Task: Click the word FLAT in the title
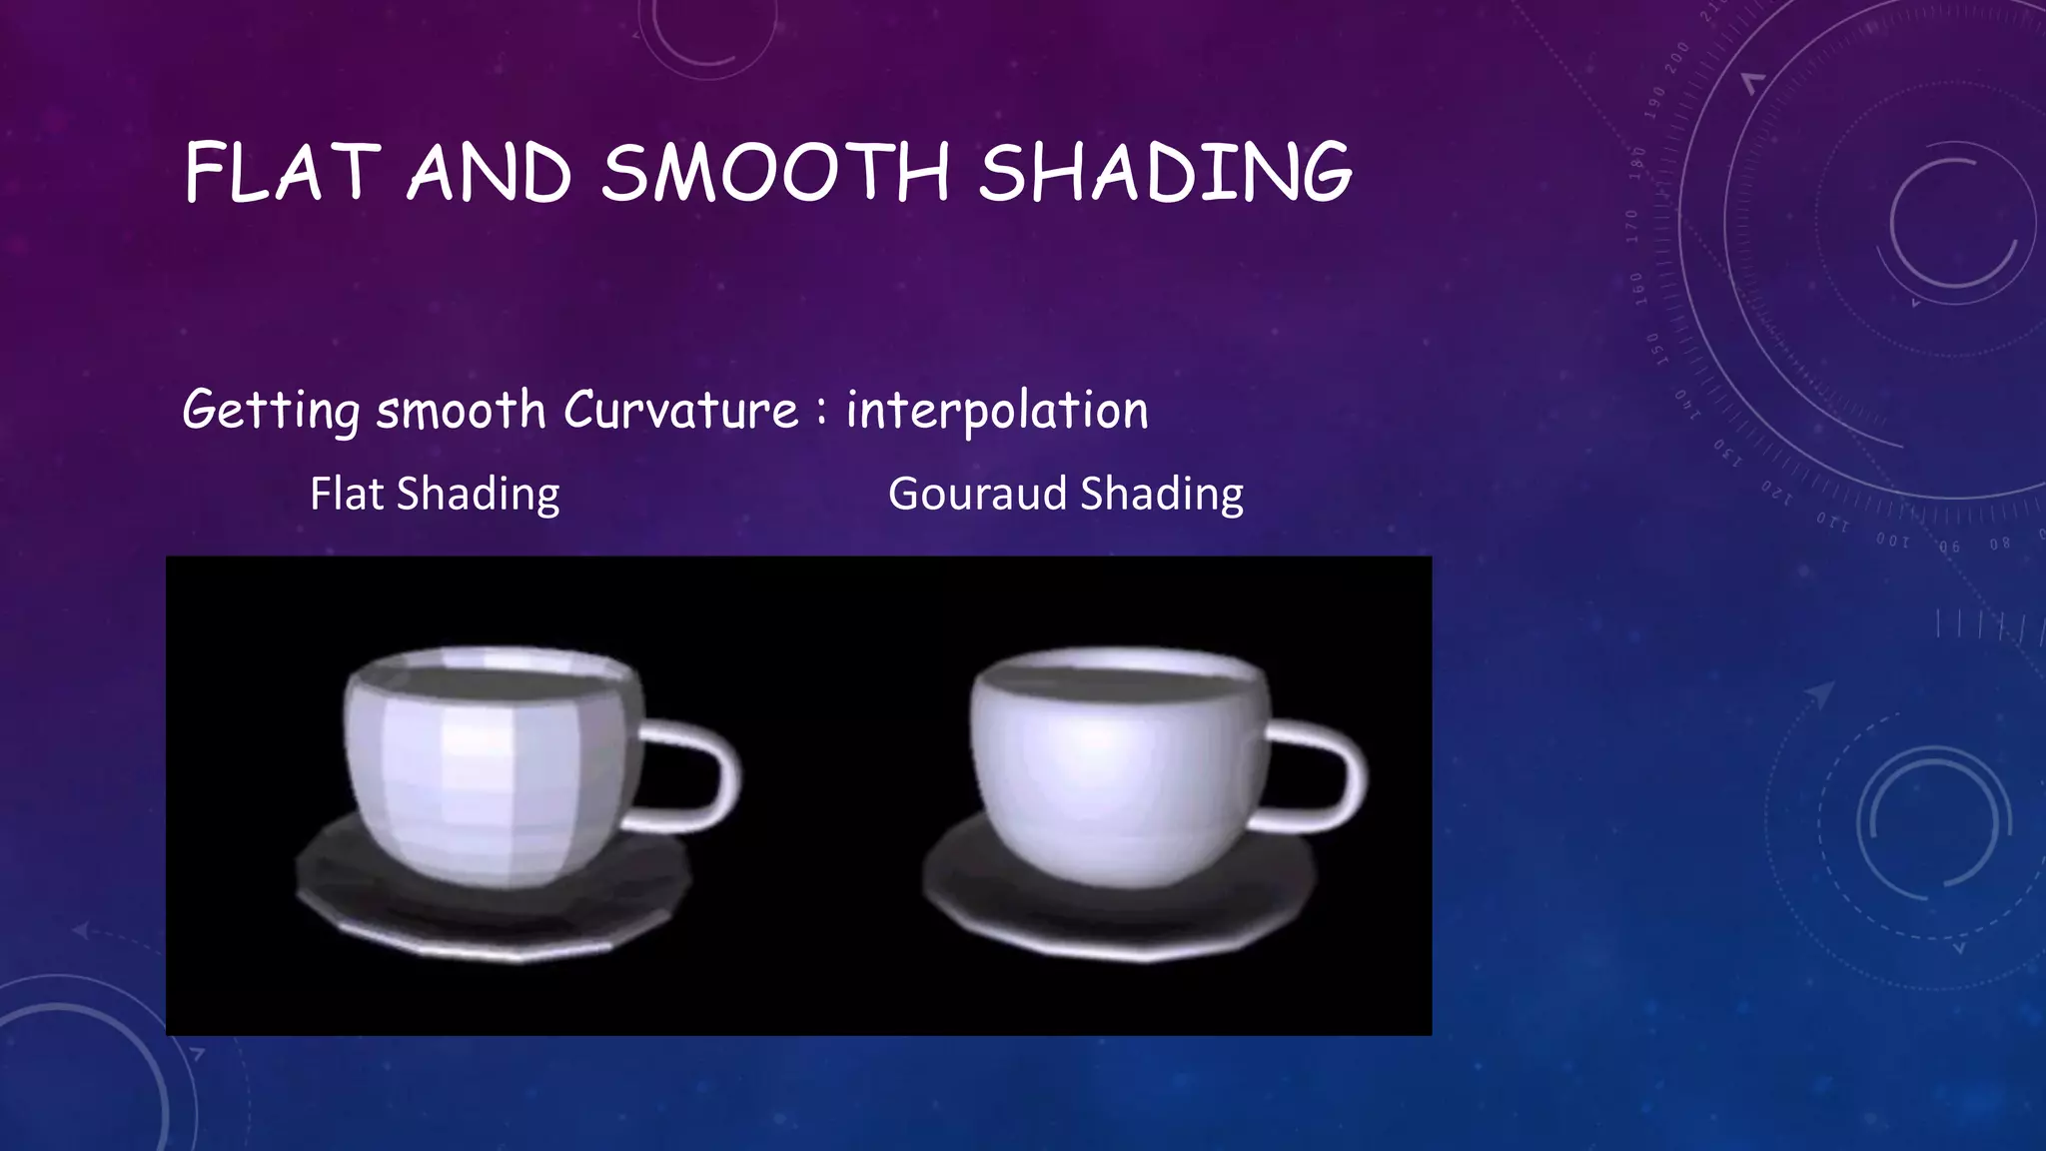(x=282, y=173)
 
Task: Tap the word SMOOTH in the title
(x=775, y=173)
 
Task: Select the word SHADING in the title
(x=1164, y=173)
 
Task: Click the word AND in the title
(x=490, y=173)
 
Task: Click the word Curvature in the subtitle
(x=680, y=410)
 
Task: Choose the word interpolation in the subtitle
(x=997, y=410)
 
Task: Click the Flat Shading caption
(x=435, y=495)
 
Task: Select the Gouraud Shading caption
(x=1065, y=495)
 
